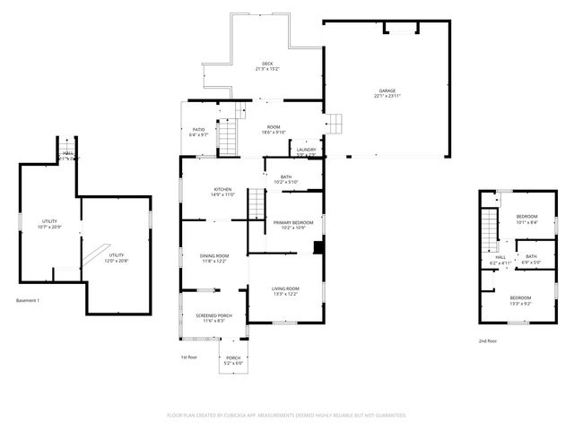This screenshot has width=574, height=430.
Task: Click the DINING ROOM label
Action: (x=213, y=258)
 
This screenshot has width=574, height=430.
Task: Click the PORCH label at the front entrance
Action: (x=232, y=360)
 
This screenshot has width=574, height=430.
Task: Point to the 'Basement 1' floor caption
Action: (x=28, y=300)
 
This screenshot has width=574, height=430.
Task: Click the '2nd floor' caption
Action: (x=487, y=341)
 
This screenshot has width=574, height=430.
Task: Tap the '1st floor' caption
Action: (x=189, y=357)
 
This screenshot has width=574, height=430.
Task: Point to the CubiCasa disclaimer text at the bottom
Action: (x=287, y=416)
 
